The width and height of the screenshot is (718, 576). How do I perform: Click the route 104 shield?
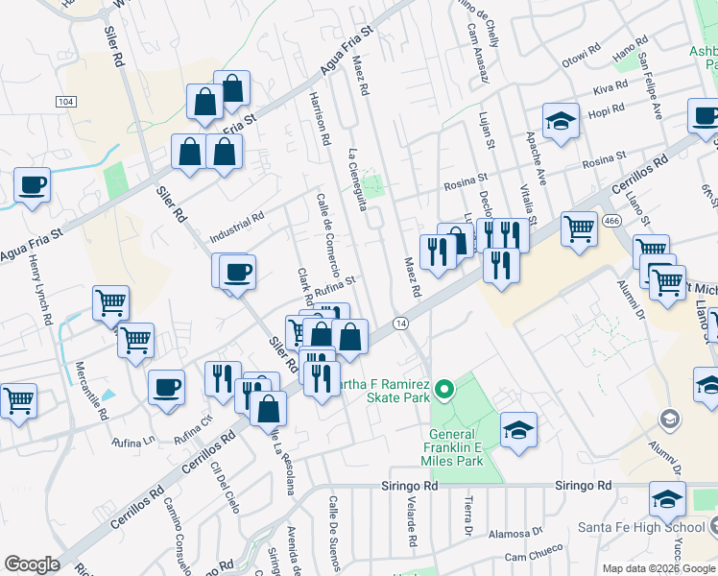click(x=65, y=101)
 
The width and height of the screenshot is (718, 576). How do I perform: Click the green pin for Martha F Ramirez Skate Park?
click(x=443, y=389)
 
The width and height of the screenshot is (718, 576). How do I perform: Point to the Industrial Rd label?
click(x=235, y=227)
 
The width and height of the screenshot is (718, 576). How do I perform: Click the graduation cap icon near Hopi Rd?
click(x=561, y=121)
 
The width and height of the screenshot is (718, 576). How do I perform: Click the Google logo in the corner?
click(x=33, y=564)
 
